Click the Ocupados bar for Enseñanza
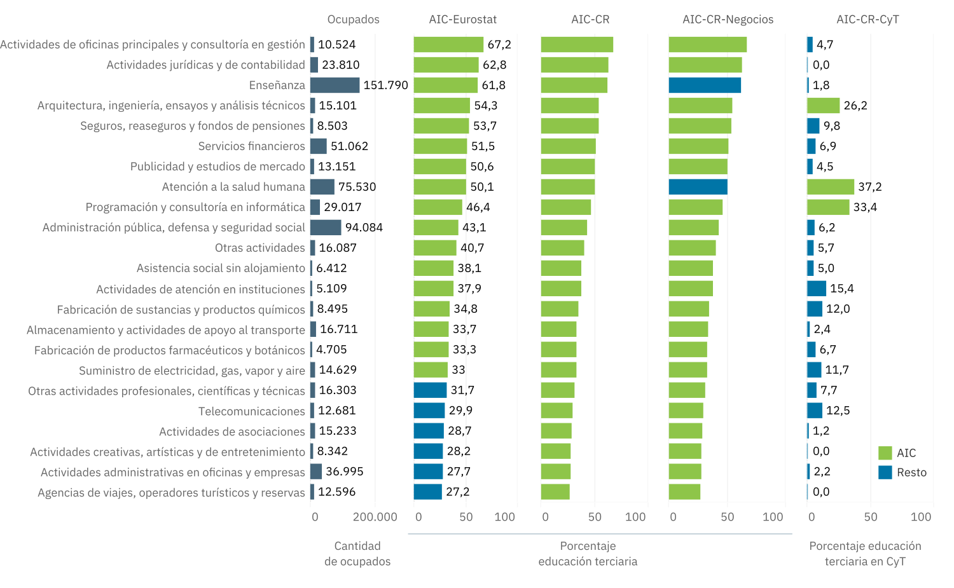coord(335,85)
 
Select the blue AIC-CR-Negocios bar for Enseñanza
coord(705,85)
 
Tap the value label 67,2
coord(499,44)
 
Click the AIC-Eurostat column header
coord(462,19)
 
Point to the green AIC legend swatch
coord(885,453)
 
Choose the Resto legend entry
coord(911,472)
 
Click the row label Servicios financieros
coord(251,146)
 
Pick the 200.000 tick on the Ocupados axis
coord(375,517)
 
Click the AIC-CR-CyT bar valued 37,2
coord(830,187)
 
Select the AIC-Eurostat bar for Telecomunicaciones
coord(429,411)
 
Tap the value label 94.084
coord(364,228)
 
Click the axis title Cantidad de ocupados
coord(357,554)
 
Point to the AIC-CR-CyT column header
coord(868,19)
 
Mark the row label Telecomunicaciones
coord(251,411)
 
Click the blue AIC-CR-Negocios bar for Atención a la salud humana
coord(698,187)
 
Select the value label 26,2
coord(855,106)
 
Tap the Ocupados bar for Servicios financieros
coord(319,146)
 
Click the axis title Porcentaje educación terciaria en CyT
coord(865,554)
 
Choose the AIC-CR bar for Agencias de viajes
coord(555,492)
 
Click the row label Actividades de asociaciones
coord(232,432)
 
